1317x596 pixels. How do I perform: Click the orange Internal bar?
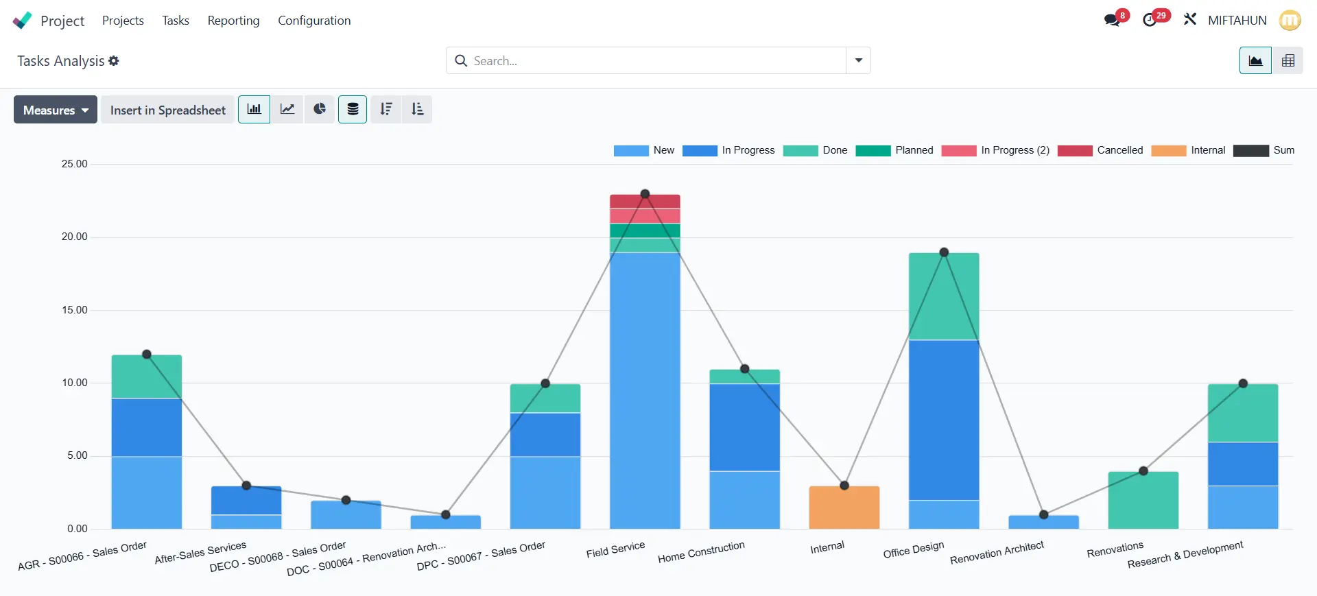(844, 508)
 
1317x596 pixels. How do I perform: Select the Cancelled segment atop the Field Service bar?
(645, 202)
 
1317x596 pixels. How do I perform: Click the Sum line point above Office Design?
(944, 252)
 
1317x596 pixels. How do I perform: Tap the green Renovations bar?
(1143, 500)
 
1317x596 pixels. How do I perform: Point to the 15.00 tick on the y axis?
(75, 310)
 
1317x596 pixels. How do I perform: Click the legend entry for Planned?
(894, 150)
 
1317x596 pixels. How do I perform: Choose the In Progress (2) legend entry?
(995, 150)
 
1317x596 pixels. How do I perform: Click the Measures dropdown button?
(56, 110)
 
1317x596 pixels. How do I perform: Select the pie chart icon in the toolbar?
(320, 109)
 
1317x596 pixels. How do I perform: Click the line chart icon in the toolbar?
(287, 109)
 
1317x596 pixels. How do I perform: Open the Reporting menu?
(233, 21)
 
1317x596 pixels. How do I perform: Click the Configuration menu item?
(314, 21)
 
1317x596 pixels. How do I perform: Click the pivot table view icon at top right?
(1288, 60)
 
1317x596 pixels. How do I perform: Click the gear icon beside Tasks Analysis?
(114, 60)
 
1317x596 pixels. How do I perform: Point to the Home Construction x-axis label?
(701, 552)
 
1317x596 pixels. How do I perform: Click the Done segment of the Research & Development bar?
(1242, 413)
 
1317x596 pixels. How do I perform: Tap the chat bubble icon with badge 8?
(1112, 20)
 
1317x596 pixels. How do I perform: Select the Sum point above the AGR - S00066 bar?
(147, 355)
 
